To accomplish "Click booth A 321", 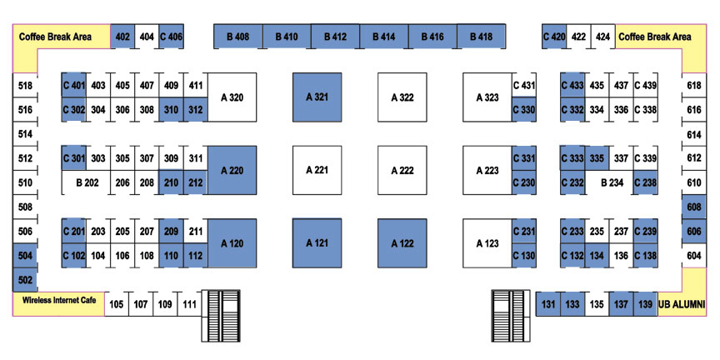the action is (x=317, y=97).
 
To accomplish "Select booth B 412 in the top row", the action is (x=335, y=37).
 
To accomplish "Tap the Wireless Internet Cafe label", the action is (x=59, y=300).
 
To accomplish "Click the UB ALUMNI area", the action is (x=682, y=304).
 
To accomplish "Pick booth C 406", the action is (x=172, y=37).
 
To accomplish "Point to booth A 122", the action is (x=402, y=243).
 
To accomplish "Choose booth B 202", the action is (x=87, y=182).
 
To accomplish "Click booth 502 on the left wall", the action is (x=25, y=280).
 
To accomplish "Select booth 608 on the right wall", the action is (x=694, y=207).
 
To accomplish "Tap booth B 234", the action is (x=609, y=182).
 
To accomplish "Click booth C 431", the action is (x=524, y=85).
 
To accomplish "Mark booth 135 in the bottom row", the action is (x=597, y=304).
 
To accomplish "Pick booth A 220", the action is (x=232, y=170).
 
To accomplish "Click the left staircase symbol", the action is (x=221, y=316).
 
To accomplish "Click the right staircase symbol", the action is (x=510, y=316).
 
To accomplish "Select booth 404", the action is (x=147, y=37).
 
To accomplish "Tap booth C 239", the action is (x=646, y=232).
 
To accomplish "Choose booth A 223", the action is (x=487, y=170).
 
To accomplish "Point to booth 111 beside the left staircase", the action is (x=189, y=304).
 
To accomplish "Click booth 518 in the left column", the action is (x=25, y=85).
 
